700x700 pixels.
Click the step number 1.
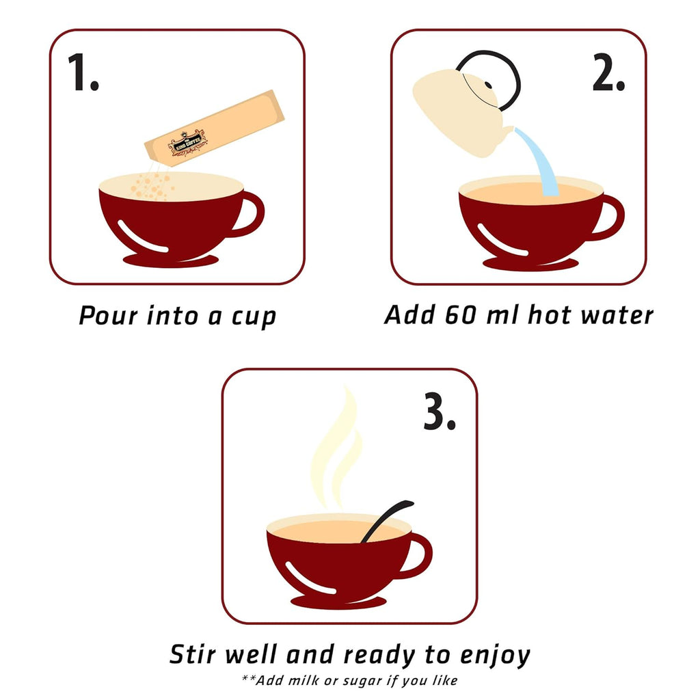[x=83, y=72]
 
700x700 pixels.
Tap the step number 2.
[x=608, y=72]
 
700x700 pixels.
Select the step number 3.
[x=440, y=411]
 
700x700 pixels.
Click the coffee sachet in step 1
[x=214, y=128]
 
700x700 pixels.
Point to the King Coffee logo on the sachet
[x=187, y=143]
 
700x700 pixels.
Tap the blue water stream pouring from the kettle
[x=540, y=161]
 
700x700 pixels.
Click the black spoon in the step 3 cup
[x=387, y=522]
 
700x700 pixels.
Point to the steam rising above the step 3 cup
[x=336, y=446]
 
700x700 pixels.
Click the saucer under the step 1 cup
[x=171, y=260]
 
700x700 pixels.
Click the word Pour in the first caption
[x=108, y=315]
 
